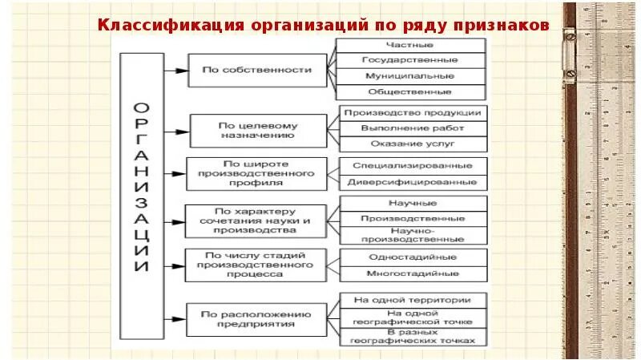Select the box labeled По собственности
(x=256, y=71)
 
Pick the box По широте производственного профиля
(x=256, y=173)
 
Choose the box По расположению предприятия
(x=256, y=319)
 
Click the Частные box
(x=409, y=45)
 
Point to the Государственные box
(x=409, y=60)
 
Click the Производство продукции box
(x=413, y=113)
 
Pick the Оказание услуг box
(x=413, y=144)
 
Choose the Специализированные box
(x=413, y=166)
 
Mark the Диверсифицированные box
(x=413, y=182)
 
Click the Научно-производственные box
(x=413, y=234)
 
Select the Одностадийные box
(x=413, y=257)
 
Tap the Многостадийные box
(x=413, y=274)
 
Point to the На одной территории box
(x=413, y=300)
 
